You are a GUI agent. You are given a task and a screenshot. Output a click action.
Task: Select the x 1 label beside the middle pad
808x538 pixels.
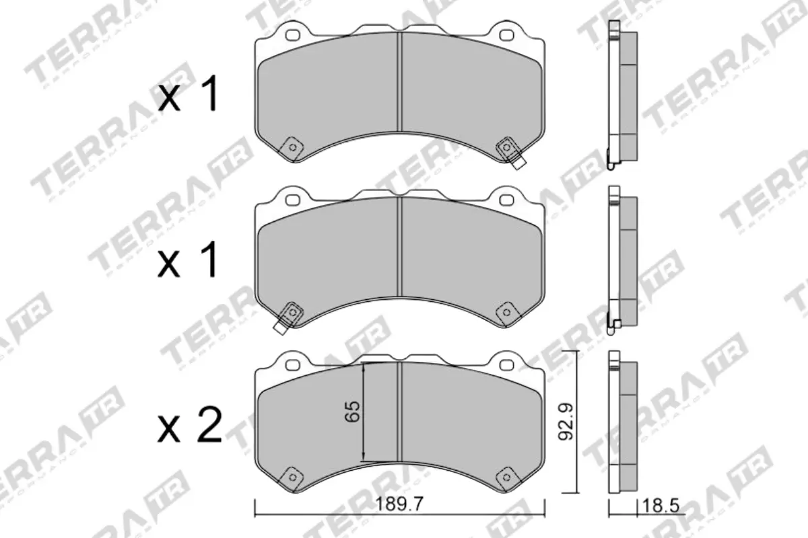[x=189, y=262]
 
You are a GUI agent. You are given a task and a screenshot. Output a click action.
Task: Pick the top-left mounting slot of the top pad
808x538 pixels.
[x=292, y=34]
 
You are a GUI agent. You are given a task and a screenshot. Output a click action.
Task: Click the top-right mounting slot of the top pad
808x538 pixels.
[x=506, y=34]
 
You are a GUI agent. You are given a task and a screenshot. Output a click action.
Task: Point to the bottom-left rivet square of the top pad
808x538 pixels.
[x=292, y=145]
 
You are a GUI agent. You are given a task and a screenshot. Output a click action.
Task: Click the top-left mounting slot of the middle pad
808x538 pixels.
[x=292, y=200]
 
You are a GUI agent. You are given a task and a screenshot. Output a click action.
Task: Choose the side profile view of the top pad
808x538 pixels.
[x=621, y=94]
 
